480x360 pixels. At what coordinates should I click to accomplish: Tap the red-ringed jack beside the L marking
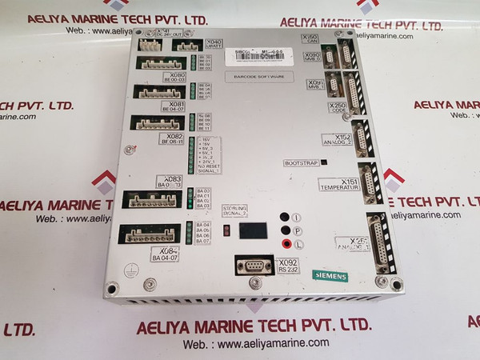(285, 244)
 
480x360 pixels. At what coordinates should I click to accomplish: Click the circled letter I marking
(296, 217)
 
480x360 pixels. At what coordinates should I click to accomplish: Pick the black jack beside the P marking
(285, 230)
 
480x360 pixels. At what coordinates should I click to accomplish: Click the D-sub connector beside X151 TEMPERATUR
(369, 182)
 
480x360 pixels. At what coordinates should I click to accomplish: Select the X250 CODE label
(338, 107)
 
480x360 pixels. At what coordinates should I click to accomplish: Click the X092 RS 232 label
(286, 266)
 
